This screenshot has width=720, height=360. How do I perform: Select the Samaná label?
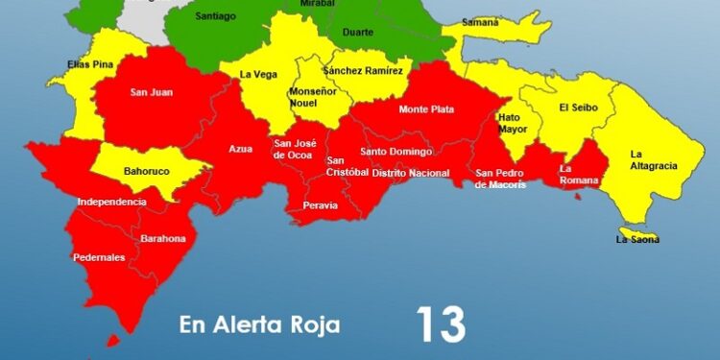[x=480, y=21]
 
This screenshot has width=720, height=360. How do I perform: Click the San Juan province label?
[x=151, y=93]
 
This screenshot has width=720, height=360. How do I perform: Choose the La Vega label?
[x=258, y=74]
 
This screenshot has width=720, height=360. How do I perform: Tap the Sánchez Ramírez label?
[x=362, y=71]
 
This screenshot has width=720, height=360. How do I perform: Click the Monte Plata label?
[x=426, y=109]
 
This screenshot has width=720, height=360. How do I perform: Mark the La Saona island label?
[x=637, y=239]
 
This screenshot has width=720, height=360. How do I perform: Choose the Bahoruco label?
[x=147, y=172]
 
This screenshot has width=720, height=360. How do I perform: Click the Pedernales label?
[x=99, y=257]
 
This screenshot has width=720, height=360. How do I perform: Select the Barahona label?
[x=162, y=238]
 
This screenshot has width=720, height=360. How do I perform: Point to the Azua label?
[x=241, y=149]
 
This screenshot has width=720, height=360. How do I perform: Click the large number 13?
[x=441, y=325]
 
